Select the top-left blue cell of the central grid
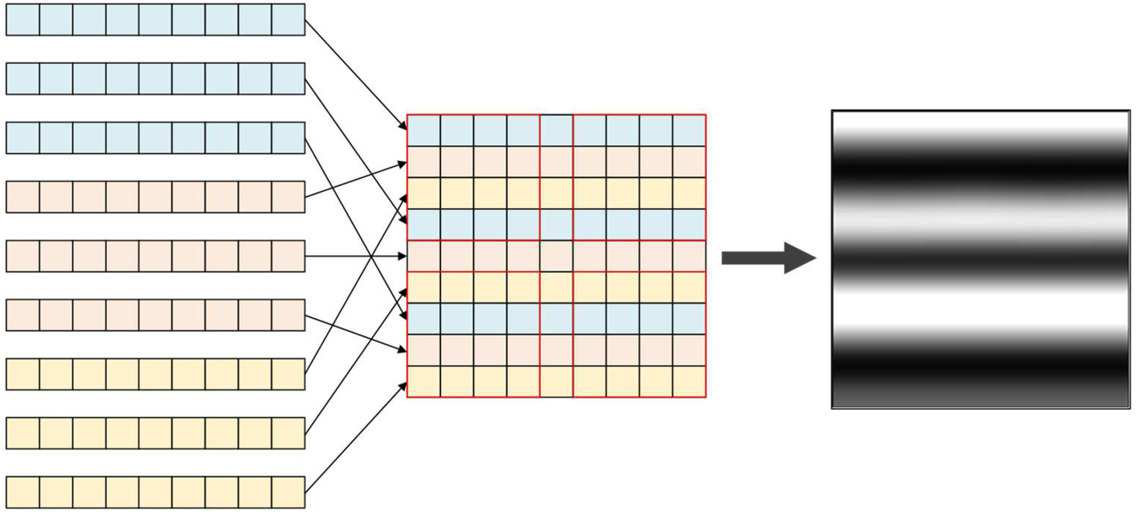[424, 131]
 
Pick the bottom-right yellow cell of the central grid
[689, 382]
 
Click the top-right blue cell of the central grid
[689, 131]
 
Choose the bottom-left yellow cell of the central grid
[424, 382]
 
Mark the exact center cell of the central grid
[556, 256]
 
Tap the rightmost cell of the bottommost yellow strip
[288, 492]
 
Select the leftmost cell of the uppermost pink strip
[23, 197]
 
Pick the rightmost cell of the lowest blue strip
[288, 138]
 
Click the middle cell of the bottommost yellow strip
[155, 492]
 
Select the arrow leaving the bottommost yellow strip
[355, 438]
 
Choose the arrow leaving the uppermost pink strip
[355, 181]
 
